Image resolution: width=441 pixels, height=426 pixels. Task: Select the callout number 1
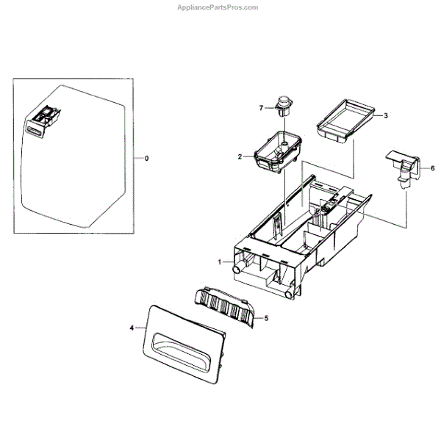tap(219, 261)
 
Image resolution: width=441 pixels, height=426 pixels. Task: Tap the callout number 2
tap(240, 156)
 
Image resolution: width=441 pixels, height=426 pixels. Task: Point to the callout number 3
tap(386, 116)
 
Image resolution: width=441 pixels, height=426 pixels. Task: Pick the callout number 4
tap(132, 328)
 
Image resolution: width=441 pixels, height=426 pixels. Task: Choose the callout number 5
tap(266, 318)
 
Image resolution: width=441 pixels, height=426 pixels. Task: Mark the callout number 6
tap(431, 167)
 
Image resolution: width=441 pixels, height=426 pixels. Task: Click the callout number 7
tap(260, 108)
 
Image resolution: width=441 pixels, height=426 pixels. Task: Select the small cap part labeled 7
tap(282, 104)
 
